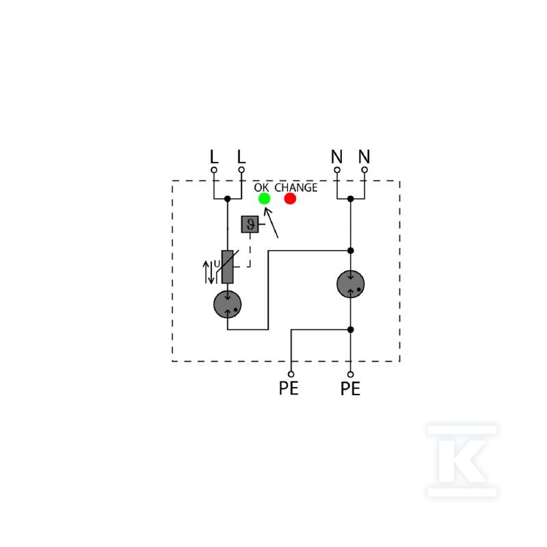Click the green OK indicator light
click(264, 198)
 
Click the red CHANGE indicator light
click(290, 198)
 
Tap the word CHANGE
click(296, 187)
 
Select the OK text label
click(261, 187)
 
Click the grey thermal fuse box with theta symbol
click(250, 224)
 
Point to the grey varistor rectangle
click(228, 267)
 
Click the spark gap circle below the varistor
click(228, 304)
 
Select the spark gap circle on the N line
click(351, 284)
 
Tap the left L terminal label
click(214, 157)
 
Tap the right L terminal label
click(241, 157)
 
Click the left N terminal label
click(336, 157)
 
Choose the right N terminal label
click(364, 157)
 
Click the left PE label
click(289, 388)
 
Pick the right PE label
click(350, 388)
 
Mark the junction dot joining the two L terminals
click(228, 199)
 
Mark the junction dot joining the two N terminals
click(351, 199)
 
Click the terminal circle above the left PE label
click(291, 374)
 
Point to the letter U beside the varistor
click(217, 264)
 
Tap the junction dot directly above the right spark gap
click(351, 250)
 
